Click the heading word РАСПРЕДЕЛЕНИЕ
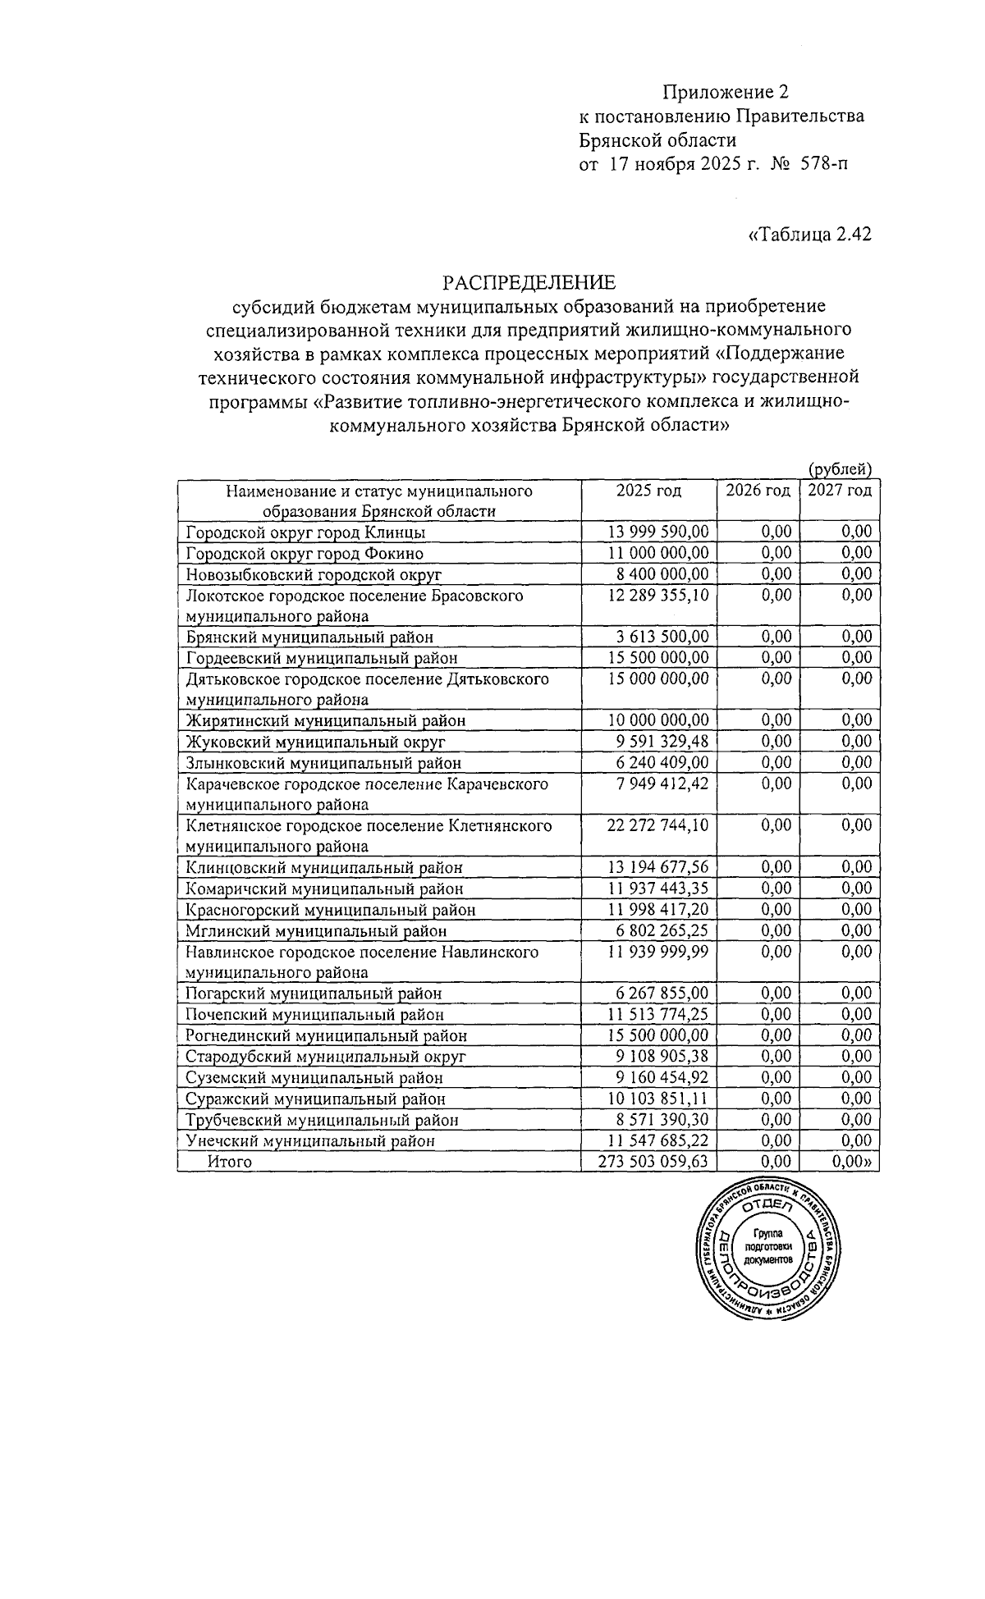[529, 283]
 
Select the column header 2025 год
[648, 491]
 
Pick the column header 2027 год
[839, 491]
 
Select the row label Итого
[230, 1162]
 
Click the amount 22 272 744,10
[657, 825]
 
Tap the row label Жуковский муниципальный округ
[316, 742]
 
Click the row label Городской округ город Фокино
[305, 553]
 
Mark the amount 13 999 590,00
[657, 532]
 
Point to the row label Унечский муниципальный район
[310, 1140]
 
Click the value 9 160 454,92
[662, 1077]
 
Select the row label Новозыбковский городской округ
[314, 573]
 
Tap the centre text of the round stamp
[768, 1246]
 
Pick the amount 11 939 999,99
[657, 952]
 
